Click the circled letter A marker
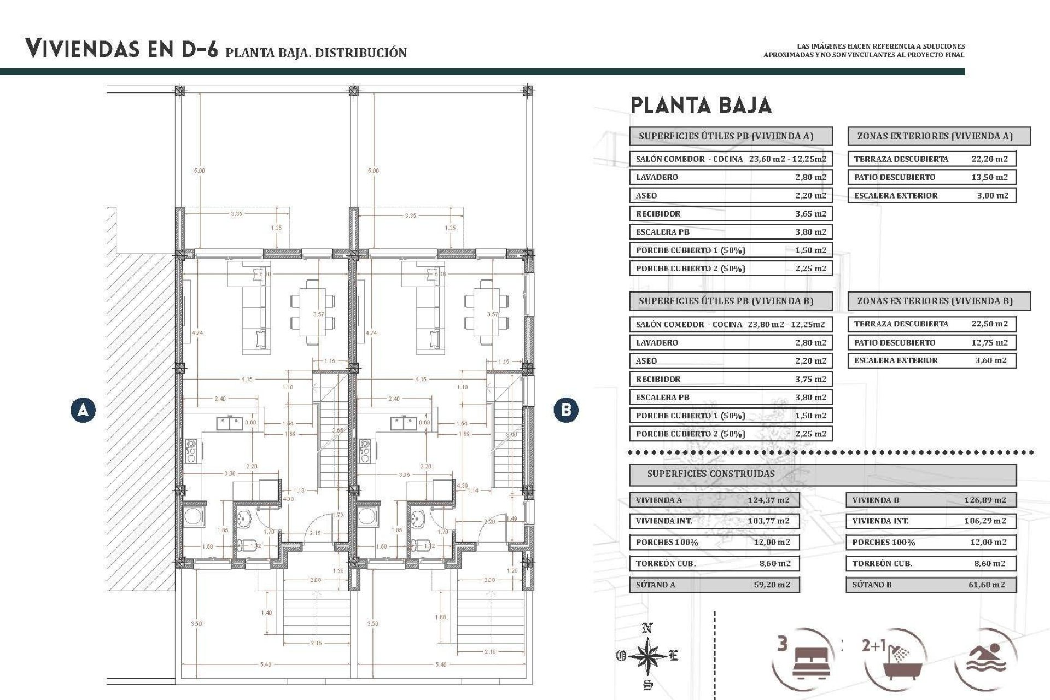coord(83,410)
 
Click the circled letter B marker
coord(565,410)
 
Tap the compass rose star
coord(647,655)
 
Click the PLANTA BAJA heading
coord(701,105)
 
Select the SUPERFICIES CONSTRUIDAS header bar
coord(822,474)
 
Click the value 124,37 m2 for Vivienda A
coord(768,500)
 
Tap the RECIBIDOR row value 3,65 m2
coord(810,214)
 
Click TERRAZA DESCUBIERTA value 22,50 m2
coord(989,324)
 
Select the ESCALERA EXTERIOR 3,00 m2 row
coord(931,195)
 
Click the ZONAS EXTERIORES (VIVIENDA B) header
coord(938,301)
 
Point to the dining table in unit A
coord(312,311)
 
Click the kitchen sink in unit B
coord(404,423)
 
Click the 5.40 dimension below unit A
coord(266,664)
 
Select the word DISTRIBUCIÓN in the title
coord(361,53)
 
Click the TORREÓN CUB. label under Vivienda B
coord(882,563)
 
